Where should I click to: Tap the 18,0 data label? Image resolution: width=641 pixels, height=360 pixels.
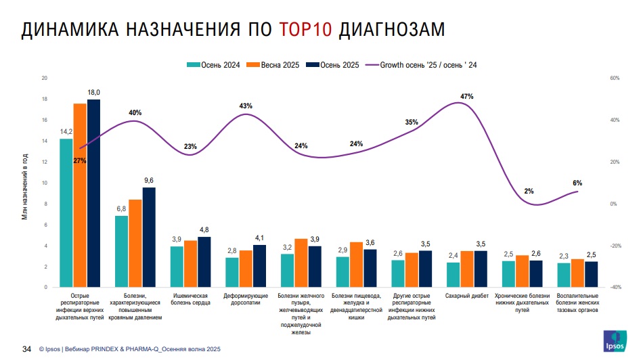[93, 93]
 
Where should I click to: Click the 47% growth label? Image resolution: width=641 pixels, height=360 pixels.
[466, 97]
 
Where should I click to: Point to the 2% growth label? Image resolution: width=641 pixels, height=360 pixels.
[529, 192]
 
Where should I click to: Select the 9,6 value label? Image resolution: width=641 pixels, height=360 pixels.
[149, 180]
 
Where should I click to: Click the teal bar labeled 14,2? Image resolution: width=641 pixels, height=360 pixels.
[66, 212]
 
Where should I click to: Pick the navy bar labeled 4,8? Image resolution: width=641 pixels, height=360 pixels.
[204, 262]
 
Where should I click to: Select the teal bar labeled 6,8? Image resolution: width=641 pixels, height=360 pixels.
[122, 251]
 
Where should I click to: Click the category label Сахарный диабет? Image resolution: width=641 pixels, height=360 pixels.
[466, 296]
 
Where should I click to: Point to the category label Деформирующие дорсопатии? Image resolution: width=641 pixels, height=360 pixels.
[246, 300]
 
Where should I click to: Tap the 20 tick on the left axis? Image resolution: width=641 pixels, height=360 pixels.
[45, 78]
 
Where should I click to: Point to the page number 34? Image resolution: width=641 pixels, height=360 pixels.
[27, 349]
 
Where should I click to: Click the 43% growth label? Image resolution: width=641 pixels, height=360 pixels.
[246, 106]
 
